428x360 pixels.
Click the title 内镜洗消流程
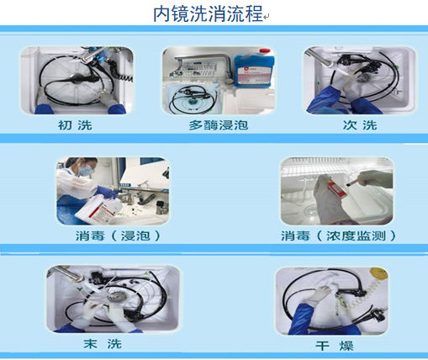pyautogui.click(x=208, y=13)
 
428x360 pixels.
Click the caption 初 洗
pyautogui.click(x=75, y=125)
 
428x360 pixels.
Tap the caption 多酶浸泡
pyautogui.click(x=219, y=125)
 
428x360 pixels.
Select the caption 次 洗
pyautogui.click(x=360, y=125)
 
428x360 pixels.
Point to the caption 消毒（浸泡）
pyautogui.click(x=118, y=236)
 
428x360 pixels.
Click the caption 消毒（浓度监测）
pyautogui.click(x=339, y=236)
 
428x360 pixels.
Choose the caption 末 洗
pyautogui.click(x=103, y=344)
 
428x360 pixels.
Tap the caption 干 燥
pyautogui.click(x=335, y=346)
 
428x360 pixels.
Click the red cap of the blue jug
pyautogui.click(x=265, y=51)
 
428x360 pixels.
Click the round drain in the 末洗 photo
pyautogui.click(x=114, y=298)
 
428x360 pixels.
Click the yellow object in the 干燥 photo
pyautogui.click(x=379, y=273)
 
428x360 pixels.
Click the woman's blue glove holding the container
pyautogui.click(x=108, y=193)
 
